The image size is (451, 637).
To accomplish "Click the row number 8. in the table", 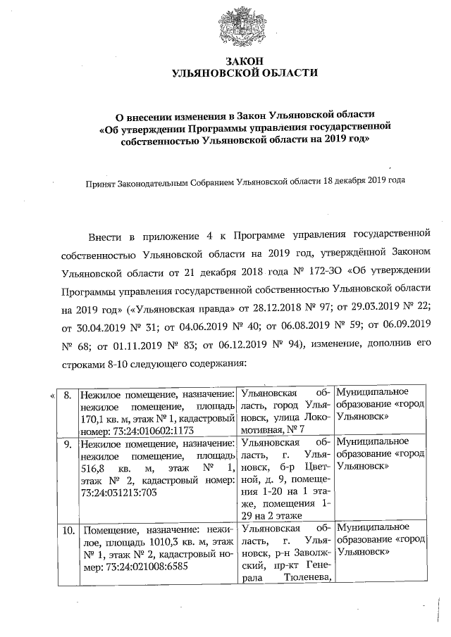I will coord(68,394).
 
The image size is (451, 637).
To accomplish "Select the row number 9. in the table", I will coord(68,444).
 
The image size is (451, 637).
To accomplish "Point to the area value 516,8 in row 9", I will coord(94,469).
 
